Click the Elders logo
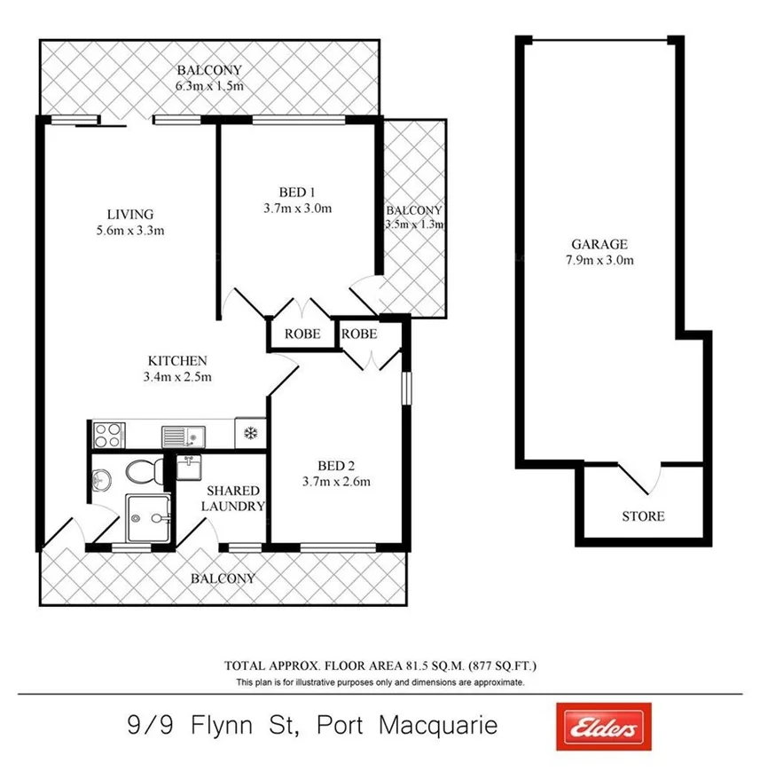pos(602,727)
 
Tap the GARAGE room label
pos(599,244)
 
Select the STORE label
pos(643,515)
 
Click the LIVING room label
pos(130,214)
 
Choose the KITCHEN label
pos(177,360)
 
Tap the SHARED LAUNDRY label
pos(233,498)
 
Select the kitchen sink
pos(183,435)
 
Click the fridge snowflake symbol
pos(250,435)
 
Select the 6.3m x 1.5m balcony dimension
pos(209,86)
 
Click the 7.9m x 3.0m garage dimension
pos(599,260)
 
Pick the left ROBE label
pos(302,334)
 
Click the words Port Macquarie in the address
pos(438,726)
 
